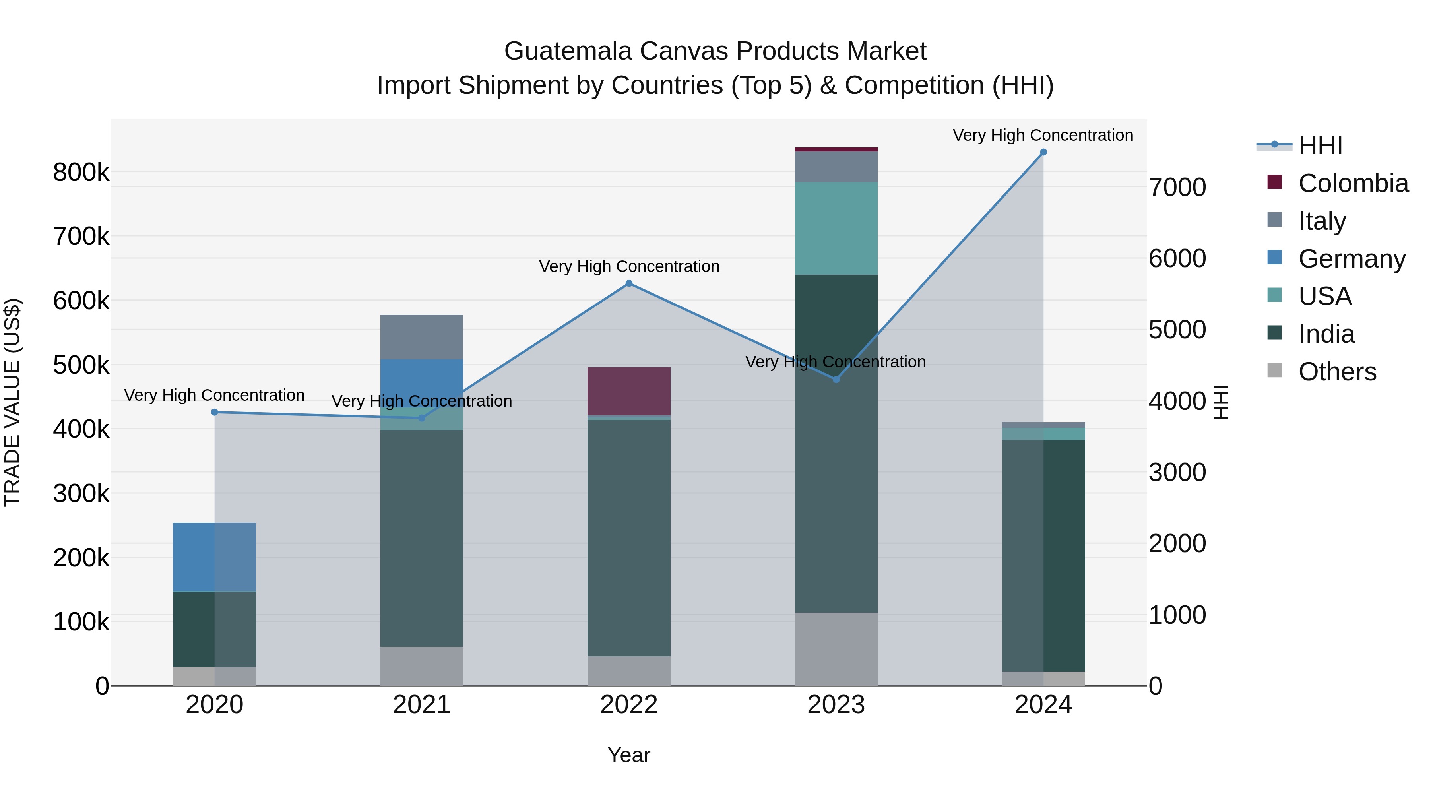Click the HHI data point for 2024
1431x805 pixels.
1043,152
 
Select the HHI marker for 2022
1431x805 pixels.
629,283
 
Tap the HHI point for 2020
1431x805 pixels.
214,412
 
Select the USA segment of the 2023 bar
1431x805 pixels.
836,228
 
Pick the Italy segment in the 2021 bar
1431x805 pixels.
422,337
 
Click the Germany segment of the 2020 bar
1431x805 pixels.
214,557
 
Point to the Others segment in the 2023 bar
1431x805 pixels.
836,649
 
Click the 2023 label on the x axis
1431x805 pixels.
836,705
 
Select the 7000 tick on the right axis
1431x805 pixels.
1177,188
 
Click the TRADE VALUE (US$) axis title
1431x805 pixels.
12,402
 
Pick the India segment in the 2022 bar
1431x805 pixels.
629,538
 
